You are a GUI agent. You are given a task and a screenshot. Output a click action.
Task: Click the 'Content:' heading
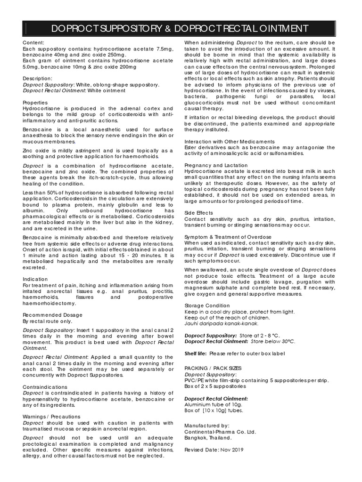tap(33, 43)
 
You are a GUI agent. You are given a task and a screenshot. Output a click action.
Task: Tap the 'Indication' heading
tap(35, 279)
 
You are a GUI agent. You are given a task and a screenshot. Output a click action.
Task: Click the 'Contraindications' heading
tap(45, 387)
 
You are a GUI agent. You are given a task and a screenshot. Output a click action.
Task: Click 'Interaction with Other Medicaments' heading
tap(229, 141)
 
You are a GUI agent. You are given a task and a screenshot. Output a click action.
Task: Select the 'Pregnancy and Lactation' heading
tap(216, 165)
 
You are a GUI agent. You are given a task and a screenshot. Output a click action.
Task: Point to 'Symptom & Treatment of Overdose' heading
tap(228, 237)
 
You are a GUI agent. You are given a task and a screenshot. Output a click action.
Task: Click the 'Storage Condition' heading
tap(207, 305)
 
